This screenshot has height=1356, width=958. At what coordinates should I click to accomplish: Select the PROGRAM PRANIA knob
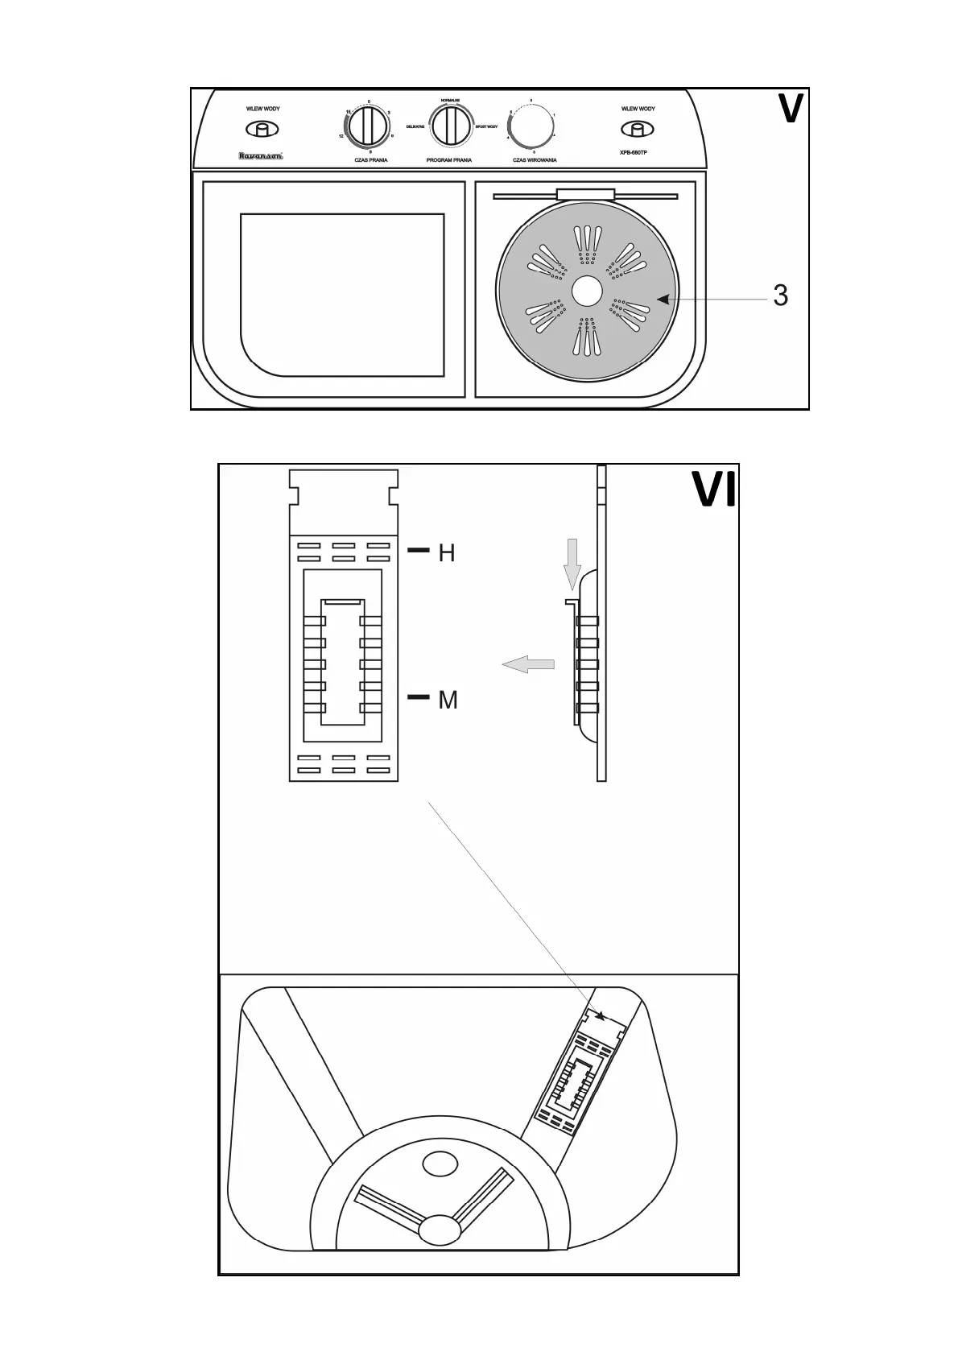point(449,126)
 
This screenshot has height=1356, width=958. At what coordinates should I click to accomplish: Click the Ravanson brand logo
point(260,156)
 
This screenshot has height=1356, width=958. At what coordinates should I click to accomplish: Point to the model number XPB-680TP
point(634,153)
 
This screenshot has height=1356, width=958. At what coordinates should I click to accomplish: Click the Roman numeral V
point(790,110)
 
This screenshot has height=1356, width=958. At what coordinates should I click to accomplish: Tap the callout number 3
point(780,296)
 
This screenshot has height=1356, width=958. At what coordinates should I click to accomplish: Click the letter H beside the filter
point(447,553)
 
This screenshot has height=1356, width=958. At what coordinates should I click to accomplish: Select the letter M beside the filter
point(448,701)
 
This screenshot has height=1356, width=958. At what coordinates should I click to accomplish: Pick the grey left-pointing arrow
point(528,664)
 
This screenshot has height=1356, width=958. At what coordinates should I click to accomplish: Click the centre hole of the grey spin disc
point(587,291)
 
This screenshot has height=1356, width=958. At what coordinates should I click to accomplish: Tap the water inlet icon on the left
point(262,129)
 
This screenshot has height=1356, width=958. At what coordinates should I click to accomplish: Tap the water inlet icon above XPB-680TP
point(638,129)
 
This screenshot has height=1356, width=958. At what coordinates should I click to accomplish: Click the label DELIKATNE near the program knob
point(415,127)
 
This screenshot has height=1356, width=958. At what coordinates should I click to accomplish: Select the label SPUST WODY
point(486,127)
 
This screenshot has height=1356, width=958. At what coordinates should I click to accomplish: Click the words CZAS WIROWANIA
point(535,160)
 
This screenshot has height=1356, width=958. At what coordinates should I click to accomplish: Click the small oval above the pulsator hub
point(440,1163)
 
